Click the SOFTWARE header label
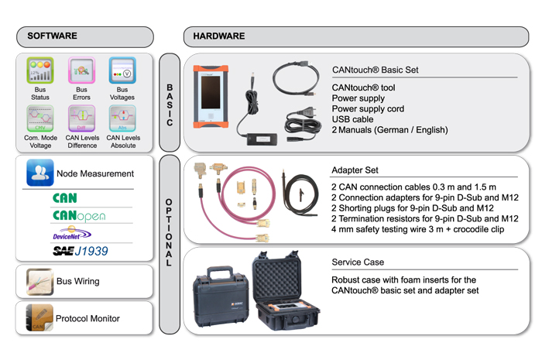coord(53,36)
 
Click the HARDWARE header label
coord(219,36)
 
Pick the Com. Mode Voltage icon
coord(39,118)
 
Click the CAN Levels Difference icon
coord(81,118)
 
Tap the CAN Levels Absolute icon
coord(122,118)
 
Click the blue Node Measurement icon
coord(39,173)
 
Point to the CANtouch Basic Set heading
coord(375,70)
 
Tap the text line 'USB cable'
coord(352,119)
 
